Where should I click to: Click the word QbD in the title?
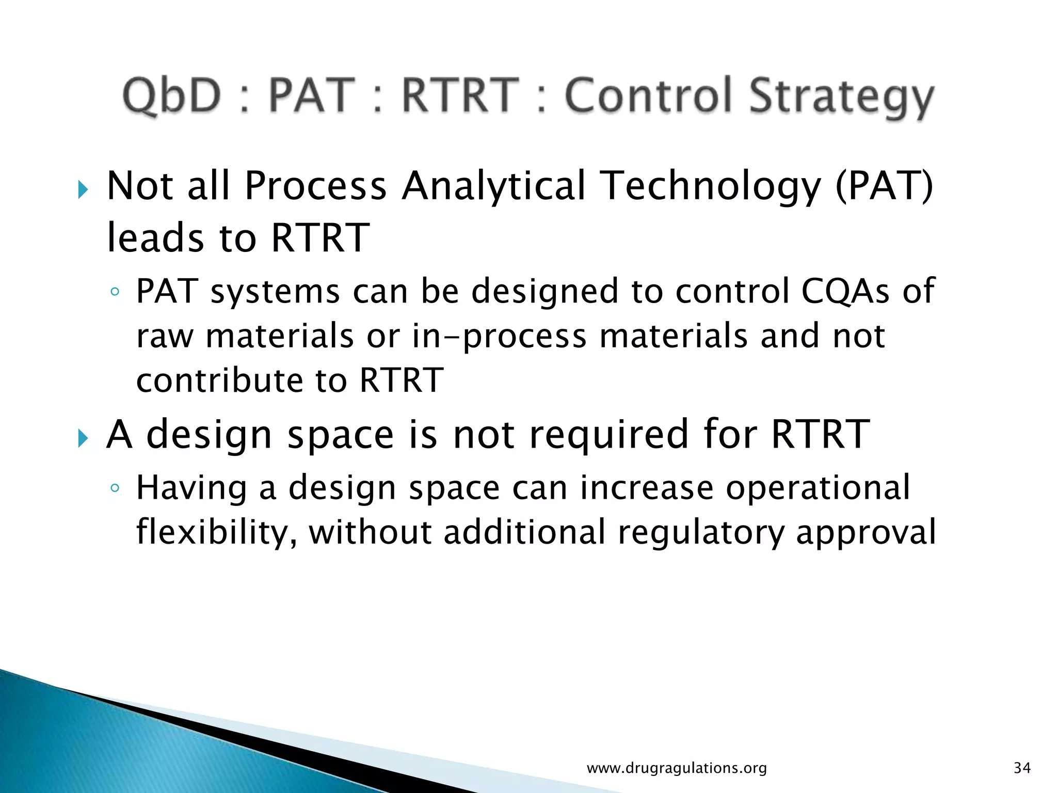pos(172,96)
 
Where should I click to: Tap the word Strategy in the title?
pos(841,98)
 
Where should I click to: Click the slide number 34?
pos(1022,768)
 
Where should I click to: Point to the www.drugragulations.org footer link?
pos(677,768)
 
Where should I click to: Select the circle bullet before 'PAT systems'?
pos(115,292)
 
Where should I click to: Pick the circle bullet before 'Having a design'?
pos(115,488)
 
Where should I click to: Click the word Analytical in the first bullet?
pos(494,186)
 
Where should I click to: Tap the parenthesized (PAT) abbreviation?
pos(884,186)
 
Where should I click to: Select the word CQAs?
pos(845,291)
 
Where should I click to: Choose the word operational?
pos(818,488)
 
